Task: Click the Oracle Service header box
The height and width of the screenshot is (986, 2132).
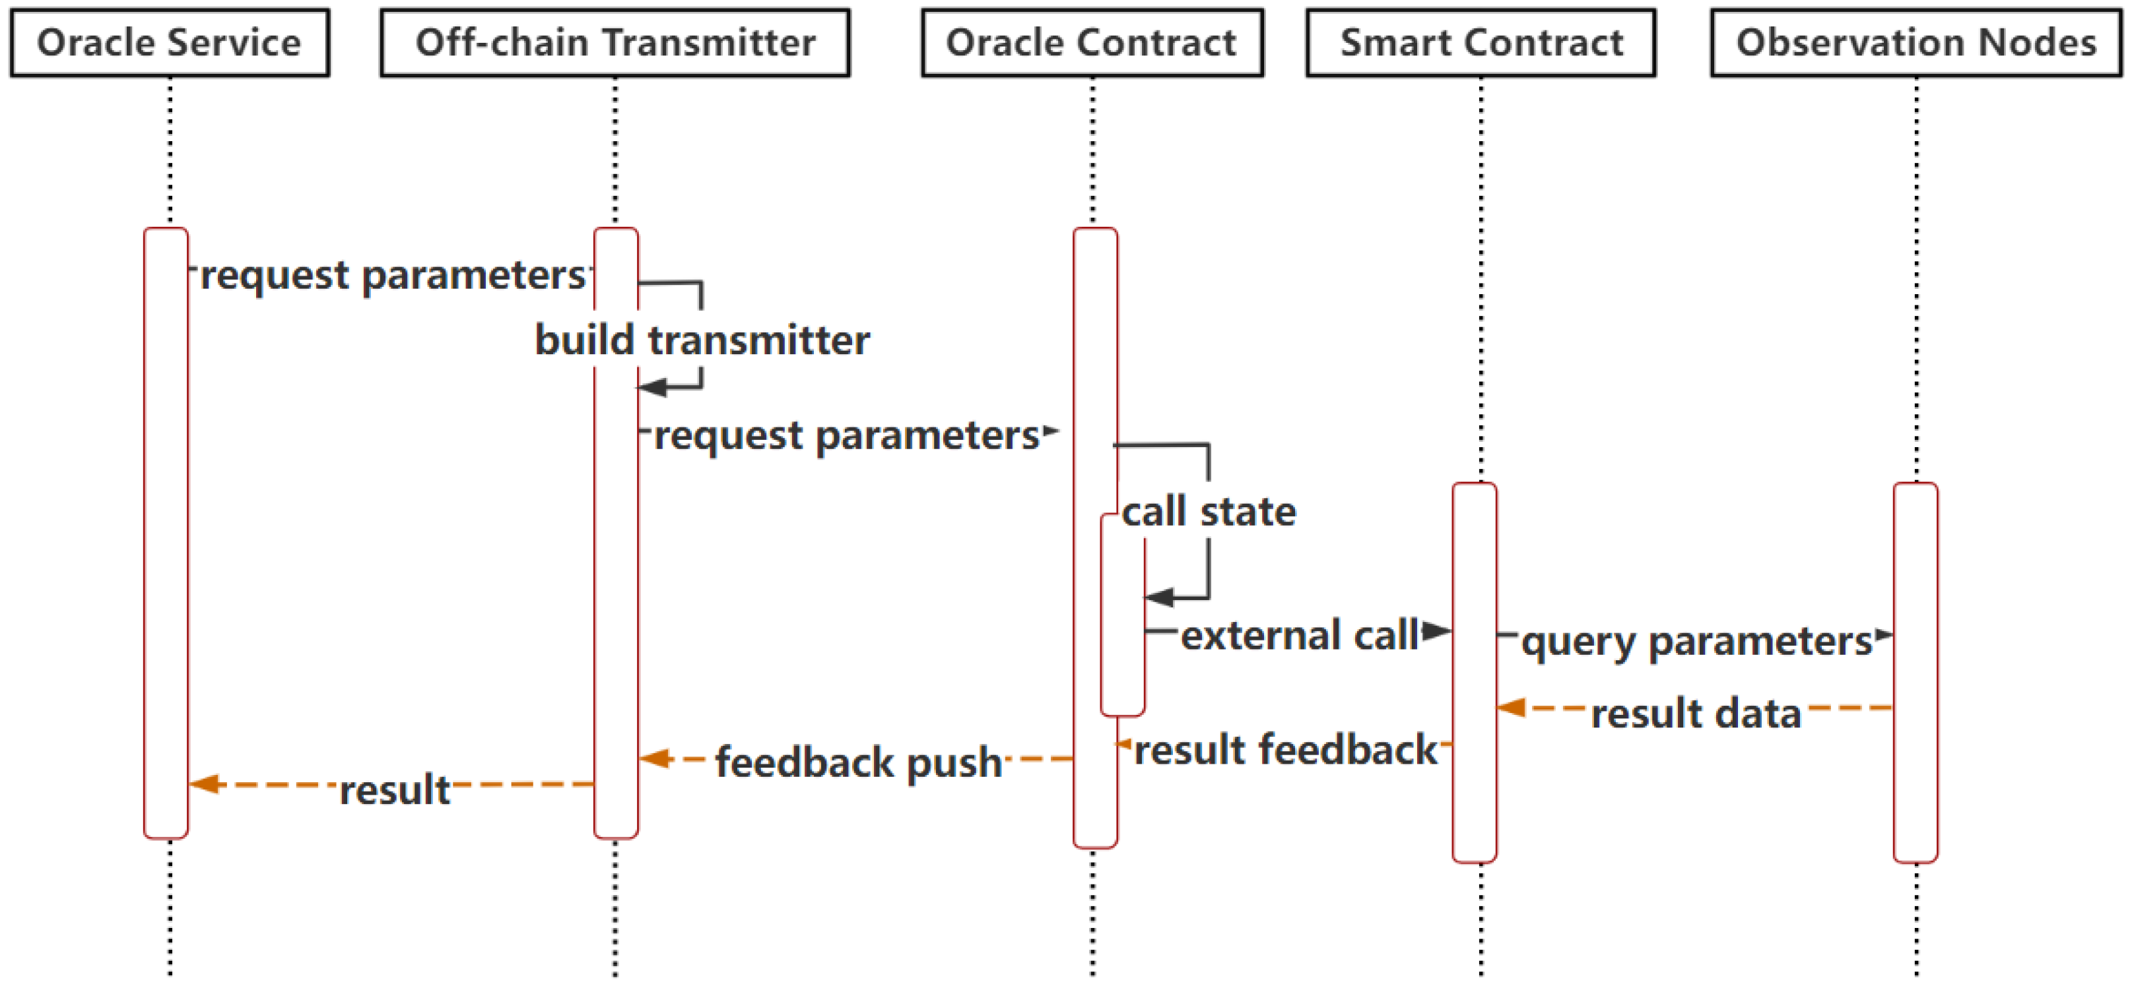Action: coord(170,43)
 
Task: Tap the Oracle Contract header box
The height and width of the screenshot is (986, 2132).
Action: coord(1092,43)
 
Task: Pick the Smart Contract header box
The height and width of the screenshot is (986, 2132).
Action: coord(1481,43)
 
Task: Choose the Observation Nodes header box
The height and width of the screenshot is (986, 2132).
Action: coord(1916,43)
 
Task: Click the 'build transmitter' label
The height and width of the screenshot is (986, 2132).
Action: coord(702,340)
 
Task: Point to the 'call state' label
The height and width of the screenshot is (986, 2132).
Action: coord(1209,511)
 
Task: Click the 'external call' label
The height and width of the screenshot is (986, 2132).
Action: coord(1300,635)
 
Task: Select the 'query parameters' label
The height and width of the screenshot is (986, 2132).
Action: coord(1696,640)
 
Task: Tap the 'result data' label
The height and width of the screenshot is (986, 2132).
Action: coord(1696,713)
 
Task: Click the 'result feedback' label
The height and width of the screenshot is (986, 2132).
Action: coord(1285,749)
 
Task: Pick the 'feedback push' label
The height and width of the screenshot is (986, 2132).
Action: coord(858,762)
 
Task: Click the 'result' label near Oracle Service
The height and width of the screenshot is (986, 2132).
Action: coord(395,790)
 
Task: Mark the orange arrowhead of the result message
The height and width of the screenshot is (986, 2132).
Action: coord(205,784)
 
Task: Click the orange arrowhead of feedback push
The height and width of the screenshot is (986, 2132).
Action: coord(655,758)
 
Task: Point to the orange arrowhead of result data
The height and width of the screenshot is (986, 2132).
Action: coord(1512,707)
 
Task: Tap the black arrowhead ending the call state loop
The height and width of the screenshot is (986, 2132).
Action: coord(1158,596)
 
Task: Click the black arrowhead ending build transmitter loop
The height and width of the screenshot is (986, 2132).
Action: coord(653,386)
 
